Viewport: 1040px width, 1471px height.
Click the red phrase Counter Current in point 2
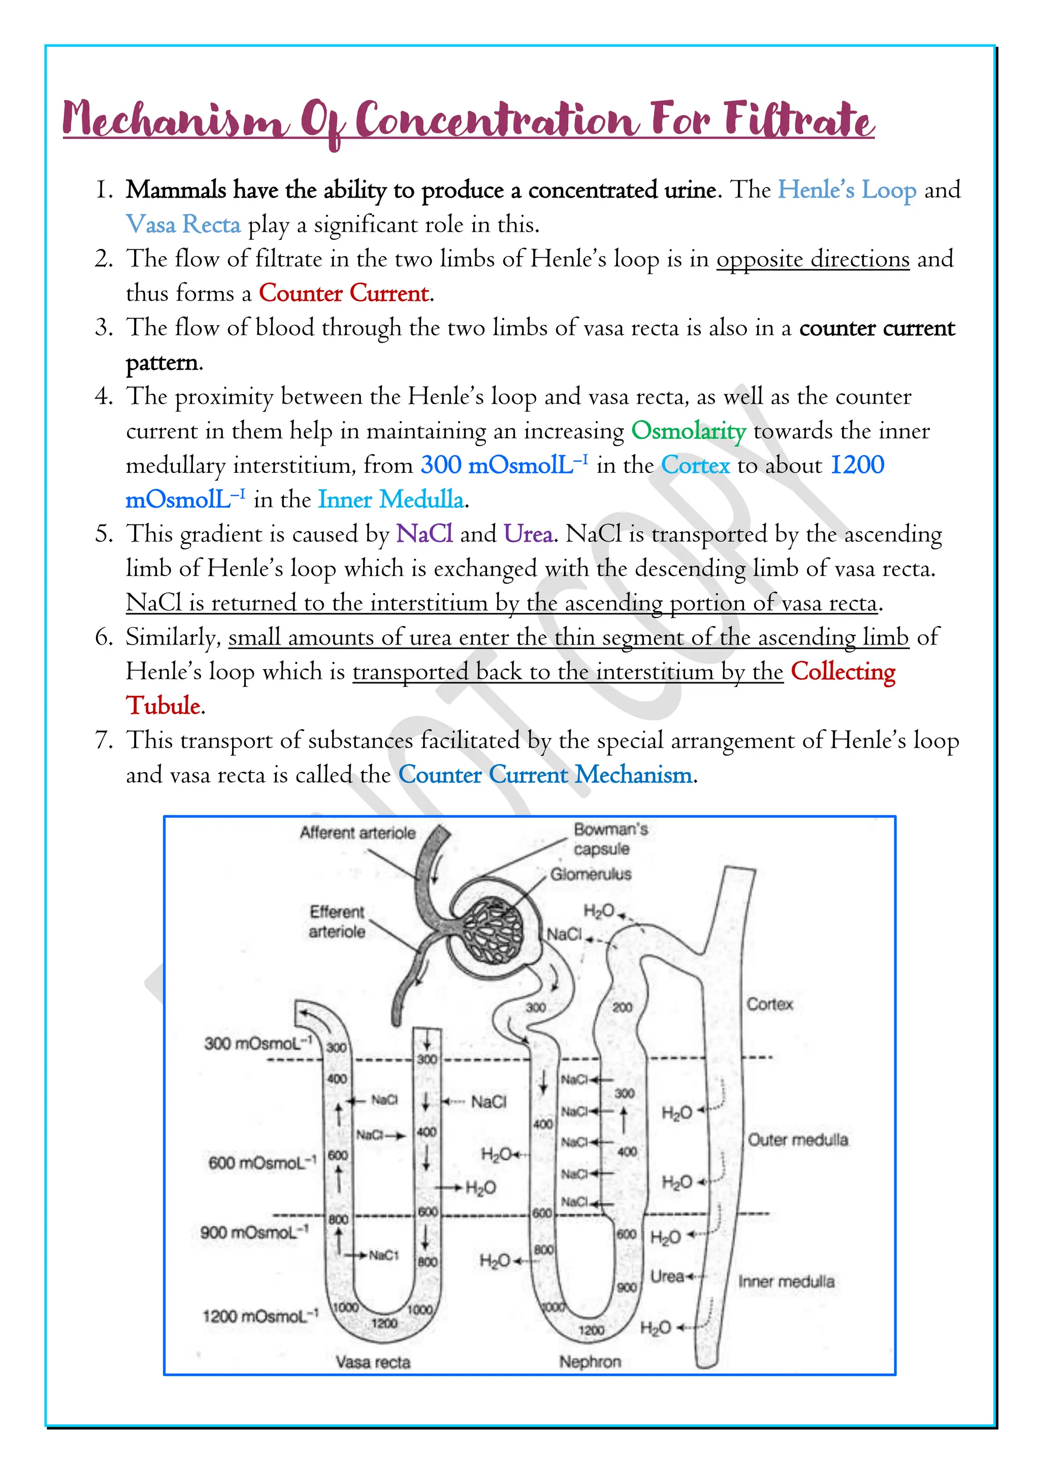(x=344, y=294)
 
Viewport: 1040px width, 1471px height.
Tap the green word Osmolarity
(x=689, y=431)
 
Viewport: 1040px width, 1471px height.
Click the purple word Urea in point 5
(x=528, y=534)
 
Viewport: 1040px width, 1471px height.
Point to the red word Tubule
(x=164, y=706)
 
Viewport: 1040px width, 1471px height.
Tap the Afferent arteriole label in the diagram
(x=357, y=833)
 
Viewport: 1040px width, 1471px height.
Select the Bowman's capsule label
(x=610, y=839)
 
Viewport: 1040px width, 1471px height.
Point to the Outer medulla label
(x=798, y=1140)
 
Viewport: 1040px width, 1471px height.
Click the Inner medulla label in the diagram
(x=787, y=1282)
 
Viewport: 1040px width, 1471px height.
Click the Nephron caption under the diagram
(x=590, y=1361)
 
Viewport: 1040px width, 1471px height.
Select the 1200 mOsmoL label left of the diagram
(x=260, y=1316)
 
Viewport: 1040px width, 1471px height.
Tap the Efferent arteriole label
(x=337, y=921)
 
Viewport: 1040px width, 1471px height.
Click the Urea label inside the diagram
(x=667, y=1277)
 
